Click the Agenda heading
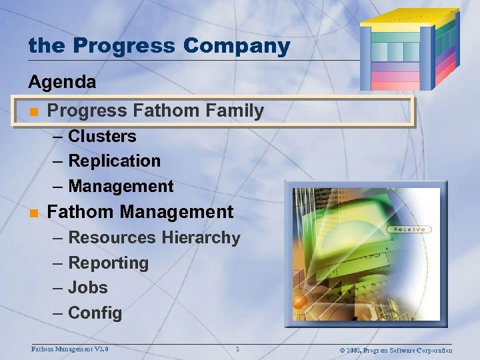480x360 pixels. (x=62, y=83)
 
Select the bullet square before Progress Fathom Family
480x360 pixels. (x=33, y=111)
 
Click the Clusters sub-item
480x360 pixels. (x=102, y=136)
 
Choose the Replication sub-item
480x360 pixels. (x=114, y=161)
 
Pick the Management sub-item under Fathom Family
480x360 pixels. (x=121, y=187)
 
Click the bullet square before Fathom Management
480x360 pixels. (x=33, y=213)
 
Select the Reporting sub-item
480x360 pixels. (x=108, y=263)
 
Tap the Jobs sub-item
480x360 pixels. (x=87, y=288)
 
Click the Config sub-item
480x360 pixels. (x=95, y=313)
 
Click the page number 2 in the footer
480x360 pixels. (x=237, y=349)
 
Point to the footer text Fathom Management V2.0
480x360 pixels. (x=70, y=349)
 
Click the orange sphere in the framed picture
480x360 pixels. (x=301, y=302)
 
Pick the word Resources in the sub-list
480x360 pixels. (x=113, y=238)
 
